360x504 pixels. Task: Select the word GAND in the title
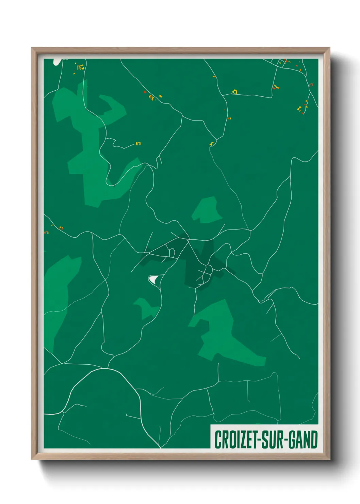click(x=304, y=440)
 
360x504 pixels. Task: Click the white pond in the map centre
click(x=153, y=279)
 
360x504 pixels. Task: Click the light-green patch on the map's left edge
click(x=58, y=289)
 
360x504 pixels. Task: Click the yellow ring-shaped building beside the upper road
click(x=234, y=92)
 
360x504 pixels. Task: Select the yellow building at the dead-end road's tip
click(x=138, y=144)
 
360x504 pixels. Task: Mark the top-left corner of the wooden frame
click(x=32, y=48)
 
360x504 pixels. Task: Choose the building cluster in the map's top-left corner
click(x=80, y=67)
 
